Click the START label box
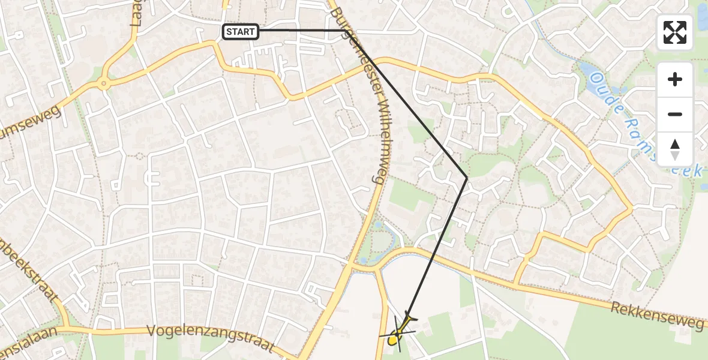point(241,32)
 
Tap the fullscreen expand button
point(675,32)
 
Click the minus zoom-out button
point(675,114)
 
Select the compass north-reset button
point(675,148)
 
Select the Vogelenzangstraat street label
point(211,340)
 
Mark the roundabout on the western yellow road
point(104,84)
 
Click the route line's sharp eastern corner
point(467,177)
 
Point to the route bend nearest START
point(347,31)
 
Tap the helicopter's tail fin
point(409,317)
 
